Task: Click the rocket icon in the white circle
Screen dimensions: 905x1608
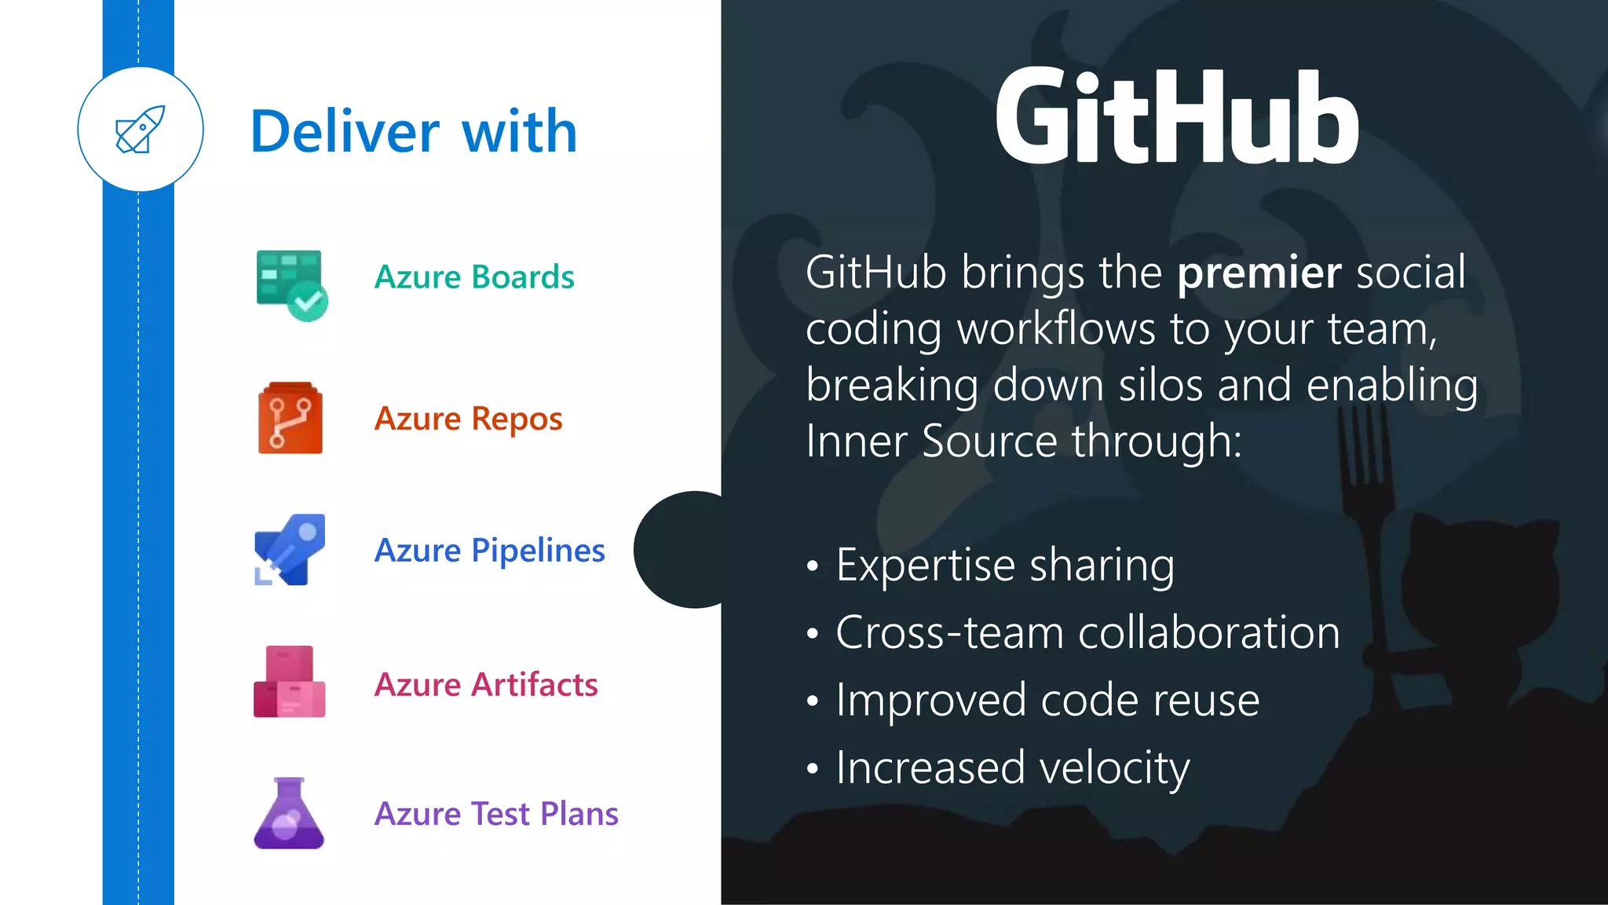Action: (x=141, y=130)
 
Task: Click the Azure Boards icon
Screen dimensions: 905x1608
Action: (x=291, y=284)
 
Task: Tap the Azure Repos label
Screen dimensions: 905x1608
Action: (x=468, y=419)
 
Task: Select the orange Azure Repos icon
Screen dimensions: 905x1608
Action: (x=290, y=419)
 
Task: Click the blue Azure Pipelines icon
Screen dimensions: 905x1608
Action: (x=290, y=550)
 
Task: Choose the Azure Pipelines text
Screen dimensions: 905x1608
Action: (x=489, y=550)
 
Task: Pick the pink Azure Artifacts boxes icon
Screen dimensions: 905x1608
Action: (x=289, y=682)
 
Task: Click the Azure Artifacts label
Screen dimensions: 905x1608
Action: (x=486, y=684)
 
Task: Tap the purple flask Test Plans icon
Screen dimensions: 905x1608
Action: (x=289, y=814)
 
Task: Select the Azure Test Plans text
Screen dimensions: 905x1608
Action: (x=496, y=814)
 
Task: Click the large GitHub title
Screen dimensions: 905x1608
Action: (x=1175, y=118)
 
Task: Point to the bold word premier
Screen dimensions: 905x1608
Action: (x=1259, y=273)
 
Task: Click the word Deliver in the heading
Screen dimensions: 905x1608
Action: (x=345, y=131)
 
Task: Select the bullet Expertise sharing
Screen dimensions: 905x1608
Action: (x=1004, y=565)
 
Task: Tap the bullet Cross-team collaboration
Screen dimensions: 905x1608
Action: (x=1087, y=632)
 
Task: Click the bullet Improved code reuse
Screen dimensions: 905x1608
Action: (x=1047, y=700)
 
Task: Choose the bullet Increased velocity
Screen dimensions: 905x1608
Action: (x=1012, y=768)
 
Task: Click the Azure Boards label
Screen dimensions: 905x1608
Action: (x=474, y=277)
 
